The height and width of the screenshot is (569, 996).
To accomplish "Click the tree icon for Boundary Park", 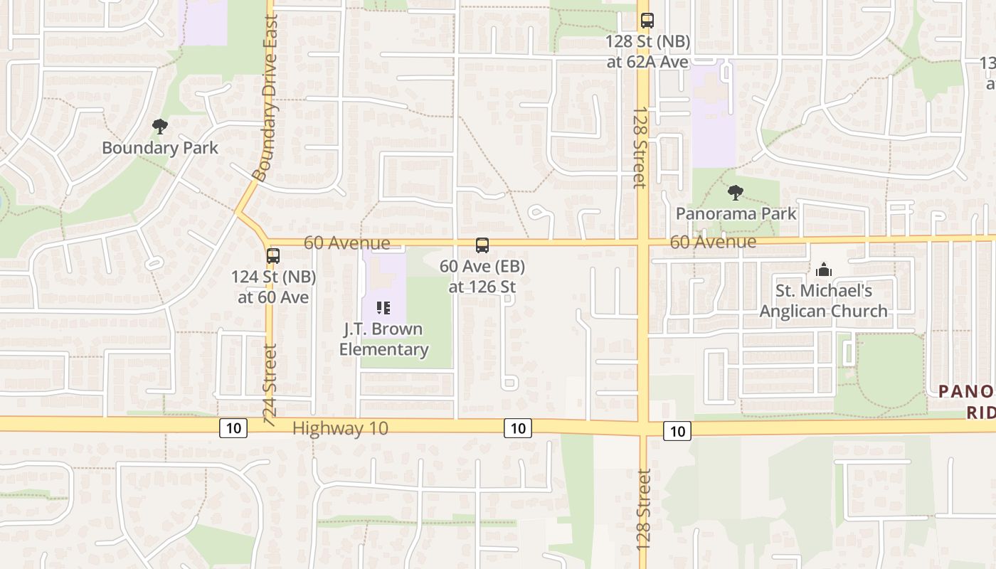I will point(160,127).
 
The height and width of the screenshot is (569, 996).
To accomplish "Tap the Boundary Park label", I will point(160,148).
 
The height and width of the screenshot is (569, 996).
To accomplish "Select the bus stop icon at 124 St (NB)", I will point(273,256).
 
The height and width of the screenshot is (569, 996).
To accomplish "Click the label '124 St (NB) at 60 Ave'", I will point(274,287).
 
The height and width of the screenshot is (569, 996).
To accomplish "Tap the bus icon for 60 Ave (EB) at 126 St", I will point(482,245).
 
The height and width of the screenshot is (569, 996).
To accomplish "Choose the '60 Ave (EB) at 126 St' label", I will point(482,277).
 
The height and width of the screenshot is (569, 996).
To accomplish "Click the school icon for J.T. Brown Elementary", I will point(383,308).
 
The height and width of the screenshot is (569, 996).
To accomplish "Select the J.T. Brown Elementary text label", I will point(383,339).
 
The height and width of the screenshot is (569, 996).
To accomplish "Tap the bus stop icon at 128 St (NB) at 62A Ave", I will point(647,21).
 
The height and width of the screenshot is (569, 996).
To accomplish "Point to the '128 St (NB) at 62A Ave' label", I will point(647,52).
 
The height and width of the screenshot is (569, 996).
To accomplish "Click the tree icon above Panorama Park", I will point(736,192).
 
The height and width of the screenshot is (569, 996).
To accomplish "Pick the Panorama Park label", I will point(736,213).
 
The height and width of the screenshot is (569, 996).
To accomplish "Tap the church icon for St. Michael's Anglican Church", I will point(824,270).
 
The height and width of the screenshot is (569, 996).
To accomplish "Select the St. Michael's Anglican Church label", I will point(824,301).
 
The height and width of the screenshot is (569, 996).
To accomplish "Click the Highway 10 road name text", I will point(340,428).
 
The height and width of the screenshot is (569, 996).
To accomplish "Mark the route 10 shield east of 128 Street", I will point(677,430).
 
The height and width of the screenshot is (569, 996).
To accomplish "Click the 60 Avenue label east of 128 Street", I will point(713,242).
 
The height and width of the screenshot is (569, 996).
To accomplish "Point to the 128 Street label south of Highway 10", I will point(644,509).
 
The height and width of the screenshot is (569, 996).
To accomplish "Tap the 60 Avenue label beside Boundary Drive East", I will point(346,243).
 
